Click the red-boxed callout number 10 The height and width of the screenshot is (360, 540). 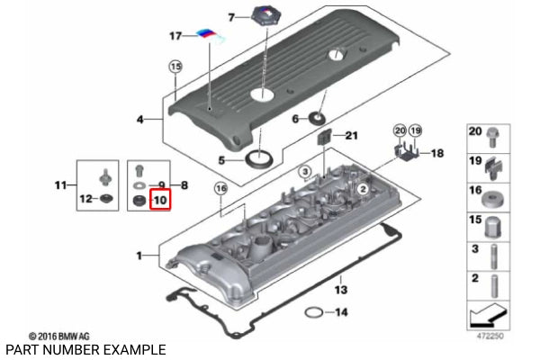[x=160, y=199]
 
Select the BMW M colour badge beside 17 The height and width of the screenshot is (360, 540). [x=211, y=37]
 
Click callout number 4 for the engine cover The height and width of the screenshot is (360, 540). [x=140, y=119]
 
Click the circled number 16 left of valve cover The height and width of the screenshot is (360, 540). [x=220, y=188]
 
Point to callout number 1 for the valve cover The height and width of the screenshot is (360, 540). [x=140, y=256]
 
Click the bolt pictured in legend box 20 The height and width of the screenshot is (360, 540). [x=493, y=137]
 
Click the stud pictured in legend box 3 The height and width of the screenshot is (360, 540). [x=493, y=254]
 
